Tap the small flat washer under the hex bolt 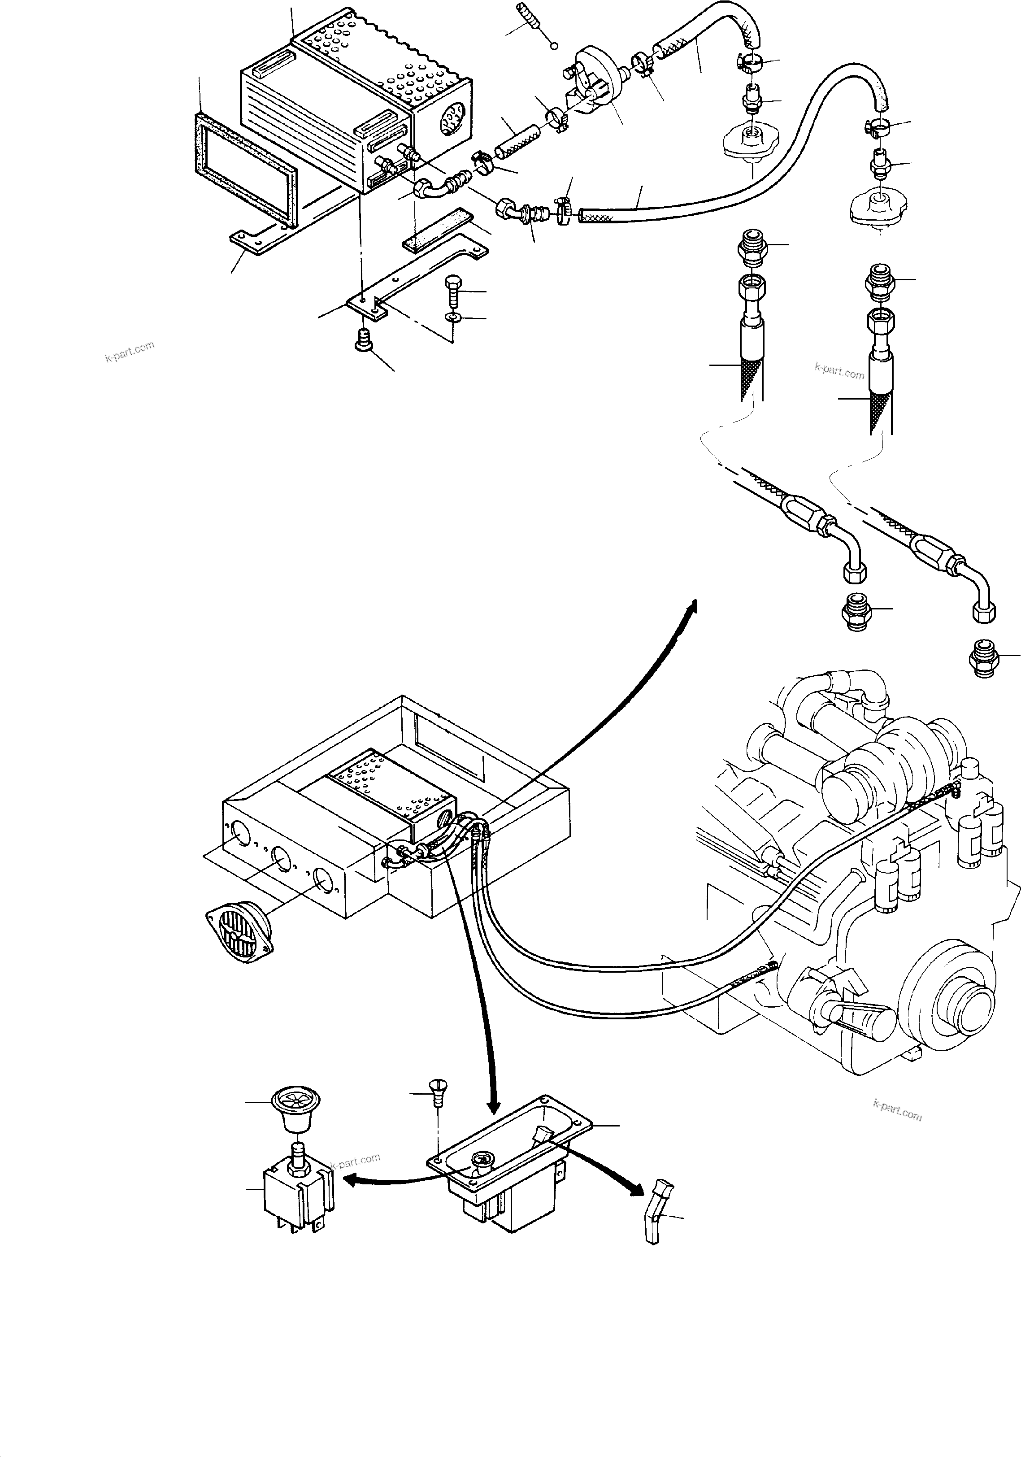pos(452,317)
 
